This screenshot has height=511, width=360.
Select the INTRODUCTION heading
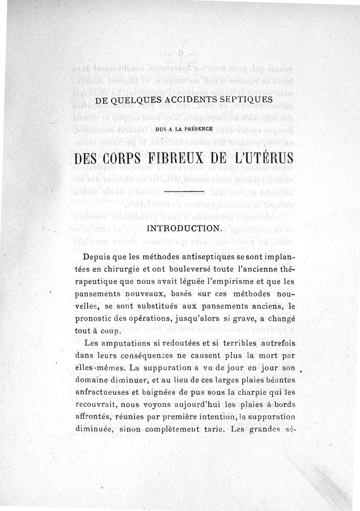point(183,228)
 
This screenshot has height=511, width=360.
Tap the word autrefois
point(278,343)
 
